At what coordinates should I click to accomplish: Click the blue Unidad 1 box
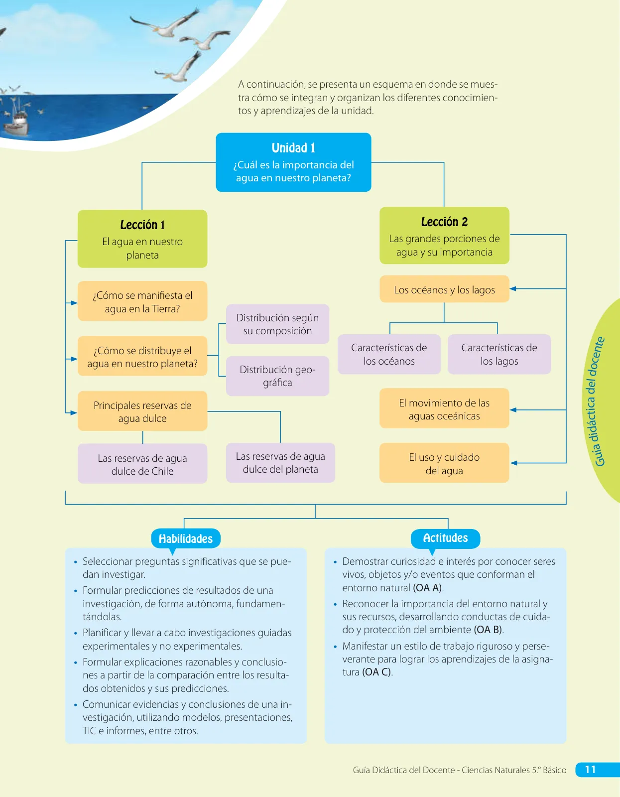293,162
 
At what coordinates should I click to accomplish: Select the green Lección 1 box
142,239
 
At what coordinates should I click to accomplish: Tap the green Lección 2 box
444,236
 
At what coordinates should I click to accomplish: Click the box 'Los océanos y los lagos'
444,289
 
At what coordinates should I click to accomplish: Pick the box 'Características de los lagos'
499,354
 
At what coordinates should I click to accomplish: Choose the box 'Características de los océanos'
389,354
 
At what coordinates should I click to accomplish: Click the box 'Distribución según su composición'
277,324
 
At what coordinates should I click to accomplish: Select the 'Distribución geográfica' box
277,376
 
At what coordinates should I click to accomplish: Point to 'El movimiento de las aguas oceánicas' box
444,408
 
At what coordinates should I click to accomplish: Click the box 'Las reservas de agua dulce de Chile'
142,464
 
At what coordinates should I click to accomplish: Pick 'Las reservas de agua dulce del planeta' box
280,463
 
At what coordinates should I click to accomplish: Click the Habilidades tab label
186,538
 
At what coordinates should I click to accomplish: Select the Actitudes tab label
446,538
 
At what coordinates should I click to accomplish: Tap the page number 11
590,770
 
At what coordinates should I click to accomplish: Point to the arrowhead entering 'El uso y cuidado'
513,463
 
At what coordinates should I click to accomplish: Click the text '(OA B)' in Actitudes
488,630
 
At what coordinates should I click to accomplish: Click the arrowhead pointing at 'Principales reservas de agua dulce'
74,412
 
